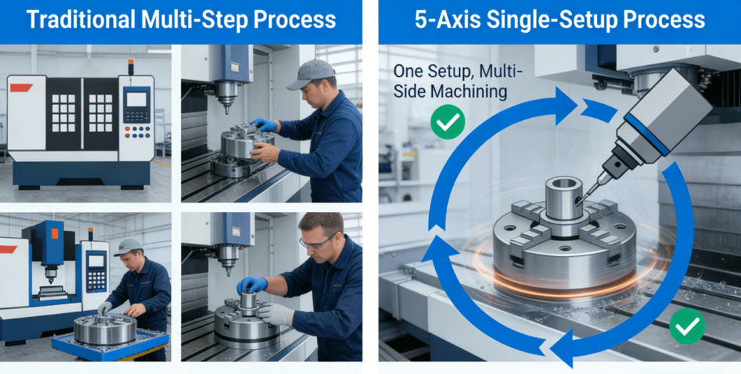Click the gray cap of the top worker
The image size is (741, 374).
[x=310, y=73]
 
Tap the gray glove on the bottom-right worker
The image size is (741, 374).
[x=276, y=313]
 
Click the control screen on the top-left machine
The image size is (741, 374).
[x=137, y=98]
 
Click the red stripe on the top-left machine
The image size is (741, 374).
[x=21, y=88]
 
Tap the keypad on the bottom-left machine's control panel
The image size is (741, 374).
[x=96, y=279]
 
